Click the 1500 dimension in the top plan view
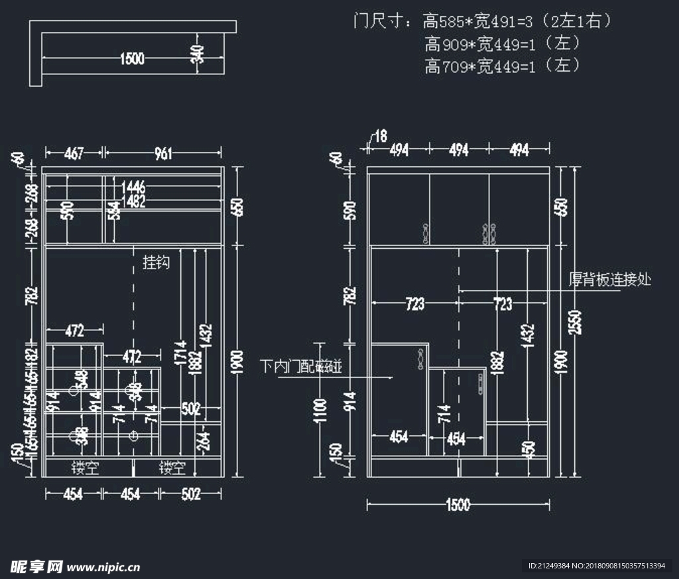tap(132, 59)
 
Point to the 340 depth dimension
tap(197, 54)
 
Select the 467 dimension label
tap(74, 154)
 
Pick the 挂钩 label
tap(156, 263)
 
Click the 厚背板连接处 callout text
tap(610, 280)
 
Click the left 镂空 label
tap(86, 468)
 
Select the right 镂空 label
tap(172, 468)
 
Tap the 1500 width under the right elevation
tap(458, 505)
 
